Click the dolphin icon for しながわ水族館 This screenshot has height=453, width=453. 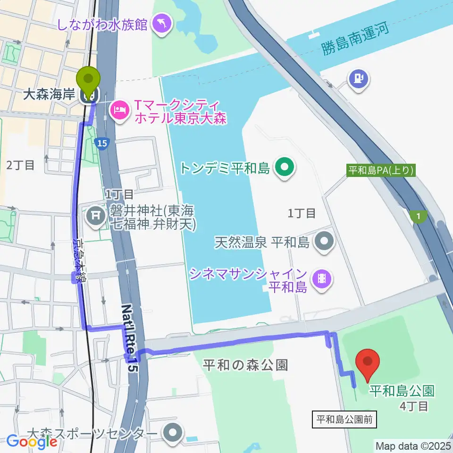point(161,25)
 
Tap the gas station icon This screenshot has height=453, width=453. point(359,77)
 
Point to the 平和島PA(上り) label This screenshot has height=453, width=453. point(381,170)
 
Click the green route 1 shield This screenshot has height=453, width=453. point(418,216)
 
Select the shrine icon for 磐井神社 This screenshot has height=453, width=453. point(96,217)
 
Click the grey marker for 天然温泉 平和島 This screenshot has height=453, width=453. point(324,243)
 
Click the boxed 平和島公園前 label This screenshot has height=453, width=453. point(345,419)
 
